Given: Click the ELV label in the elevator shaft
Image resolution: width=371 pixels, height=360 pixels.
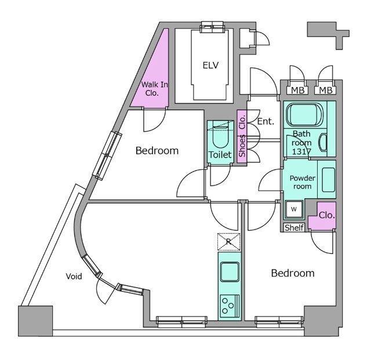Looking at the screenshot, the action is (x=210, y=65).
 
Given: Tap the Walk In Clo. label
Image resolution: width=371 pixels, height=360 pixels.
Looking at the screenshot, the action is (x=154, y=89).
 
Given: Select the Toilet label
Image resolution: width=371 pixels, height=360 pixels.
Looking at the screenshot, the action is (x=220, y=155).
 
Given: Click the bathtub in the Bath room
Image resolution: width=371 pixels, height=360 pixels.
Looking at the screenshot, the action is (x=304, y=115).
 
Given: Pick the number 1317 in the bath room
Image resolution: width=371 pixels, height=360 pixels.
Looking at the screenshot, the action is (x=301, y=151).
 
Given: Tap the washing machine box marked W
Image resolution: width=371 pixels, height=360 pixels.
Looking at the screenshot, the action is (x=294, y=209).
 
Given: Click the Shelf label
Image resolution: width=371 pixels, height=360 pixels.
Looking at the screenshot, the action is (x=294, y=227).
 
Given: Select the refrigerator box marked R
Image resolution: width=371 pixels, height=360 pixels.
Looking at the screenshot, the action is (x=229, y=242).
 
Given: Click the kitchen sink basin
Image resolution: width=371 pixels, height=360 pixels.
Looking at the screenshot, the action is (x=230, y=271).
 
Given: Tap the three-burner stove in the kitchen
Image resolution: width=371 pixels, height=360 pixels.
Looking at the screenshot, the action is (x=230, y=306).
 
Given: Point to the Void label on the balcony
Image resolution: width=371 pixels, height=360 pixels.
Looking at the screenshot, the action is (x=74, y=276).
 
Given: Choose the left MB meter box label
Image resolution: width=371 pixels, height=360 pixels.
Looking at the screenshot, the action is (x=297, y=90).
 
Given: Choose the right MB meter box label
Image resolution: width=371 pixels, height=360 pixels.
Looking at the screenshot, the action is (x=326, y=90).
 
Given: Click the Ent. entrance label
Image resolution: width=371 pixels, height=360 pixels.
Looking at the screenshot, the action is (x=265, y=121).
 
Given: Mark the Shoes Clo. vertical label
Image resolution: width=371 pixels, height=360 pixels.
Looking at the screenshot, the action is (x=242, y=136).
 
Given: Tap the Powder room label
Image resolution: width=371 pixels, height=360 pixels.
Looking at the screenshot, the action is (x=303, y=182).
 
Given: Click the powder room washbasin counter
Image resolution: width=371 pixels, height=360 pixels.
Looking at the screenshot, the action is (x=326, y=179).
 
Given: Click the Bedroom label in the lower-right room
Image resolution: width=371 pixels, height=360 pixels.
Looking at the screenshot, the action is (x=293, y=273).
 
